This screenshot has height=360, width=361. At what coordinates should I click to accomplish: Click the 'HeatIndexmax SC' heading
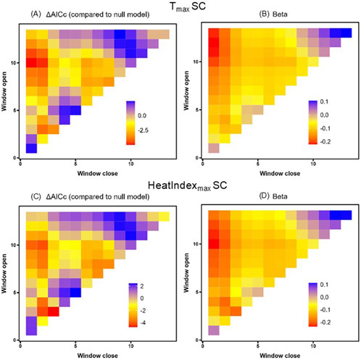tap(181, 187)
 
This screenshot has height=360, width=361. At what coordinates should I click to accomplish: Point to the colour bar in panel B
tap(314, 121)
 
